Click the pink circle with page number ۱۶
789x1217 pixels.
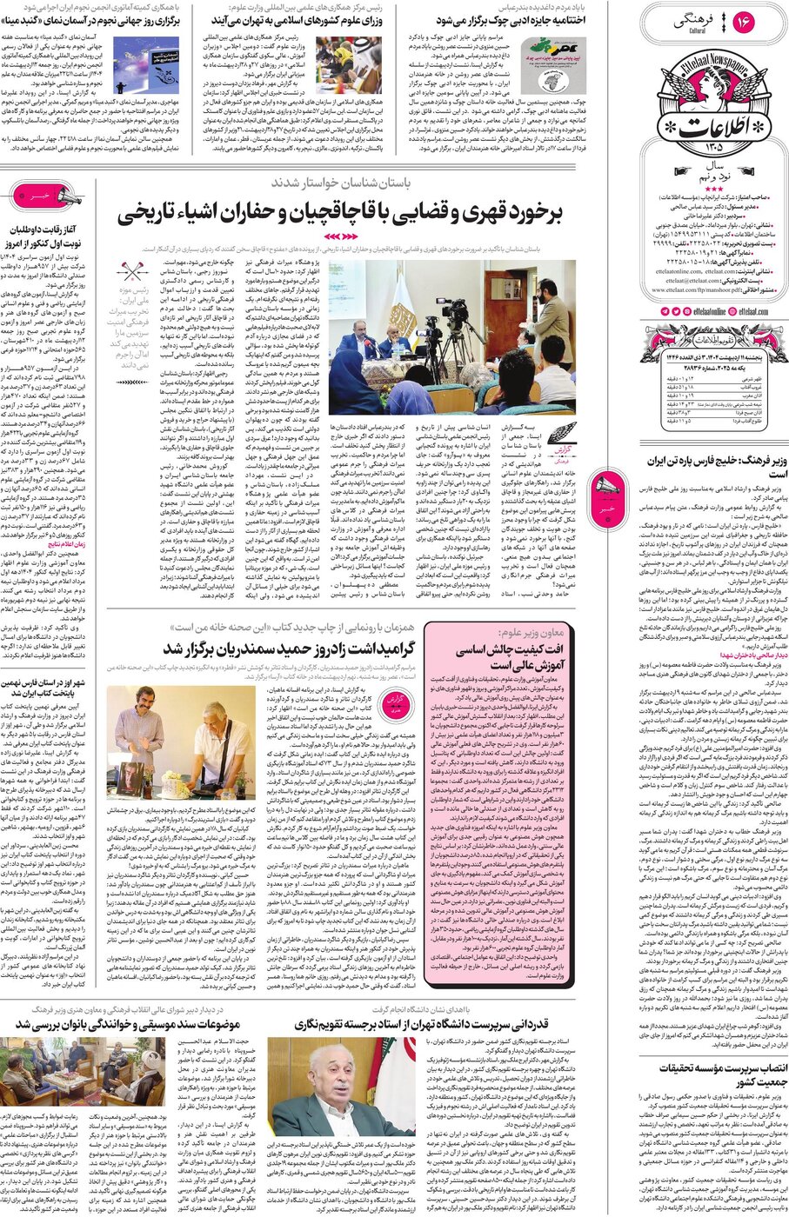click(x=745, y=19)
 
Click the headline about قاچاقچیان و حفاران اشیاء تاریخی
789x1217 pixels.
click(x=340, y=212)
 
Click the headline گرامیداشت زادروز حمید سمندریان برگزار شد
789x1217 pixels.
click(x=287, y=648)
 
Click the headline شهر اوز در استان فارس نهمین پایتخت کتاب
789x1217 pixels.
click(x=43, y=689)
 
